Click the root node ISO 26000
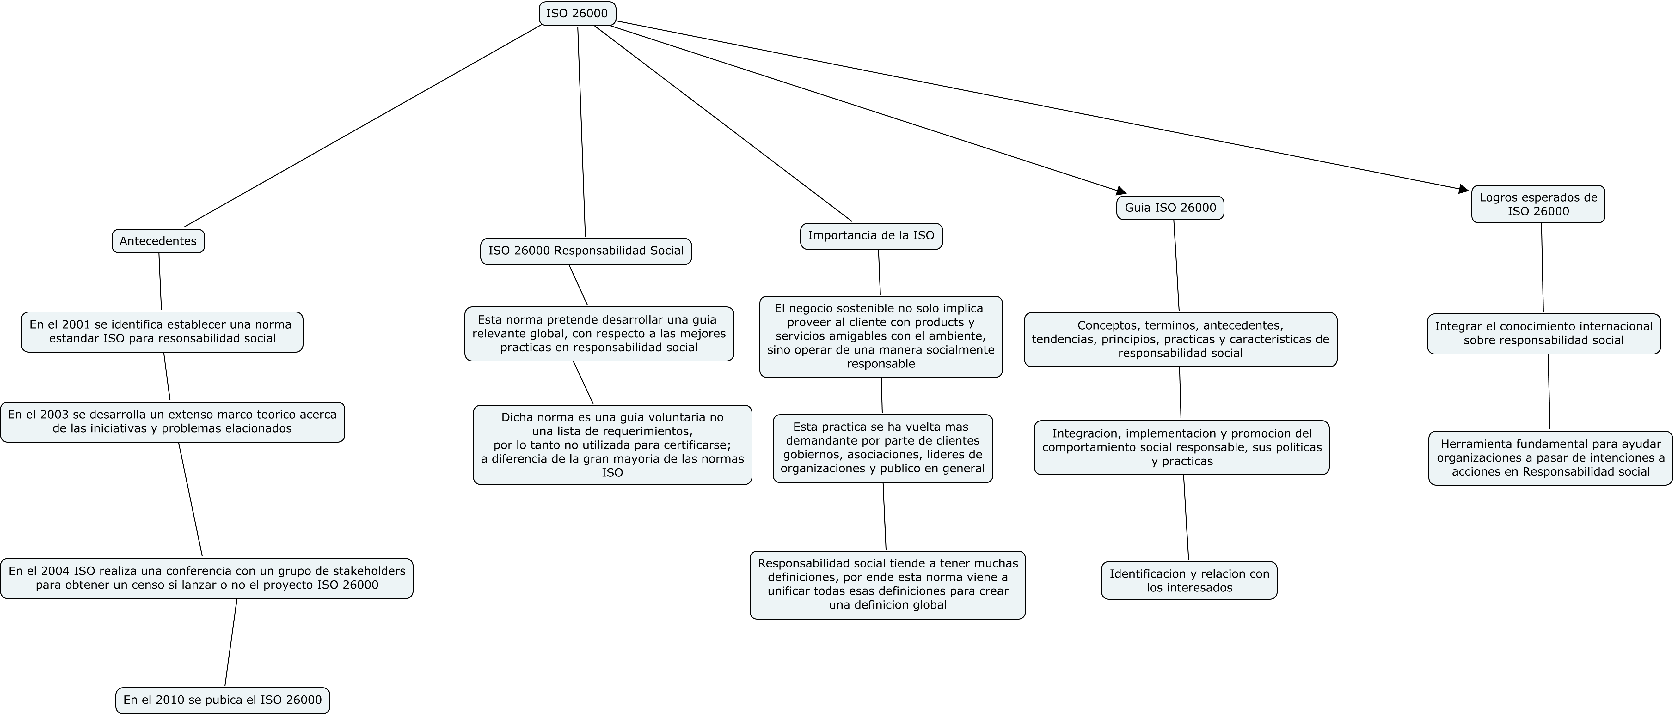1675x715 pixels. click(577, 14)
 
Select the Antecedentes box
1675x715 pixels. click(158, 241)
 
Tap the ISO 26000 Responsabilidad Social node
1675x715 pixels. click(586, 251)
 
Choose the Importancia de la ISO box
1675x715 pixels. click(871, 236)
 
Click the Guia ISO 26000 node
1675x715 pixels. click(1170, 208)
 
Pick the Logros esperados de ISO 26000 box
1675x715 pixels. click(1538, 204)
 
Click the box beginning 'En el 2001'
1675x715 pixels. click(162, 332)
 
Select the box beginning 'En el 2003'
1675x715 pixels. click(172, 422)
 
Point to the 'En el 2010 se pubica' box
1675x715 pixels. click(222, 700)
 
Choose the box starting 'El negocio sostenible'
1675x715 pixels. click(881, 337)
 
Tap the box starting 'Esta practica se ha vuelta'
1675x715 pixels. click(883, 449)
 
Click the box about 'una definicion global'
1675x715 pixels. click(887, 585)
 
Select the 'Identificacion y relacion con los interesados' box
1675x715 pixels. click(1189, 580)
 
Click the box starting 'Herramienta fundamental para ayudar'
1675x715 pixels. click(1551, 457)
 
